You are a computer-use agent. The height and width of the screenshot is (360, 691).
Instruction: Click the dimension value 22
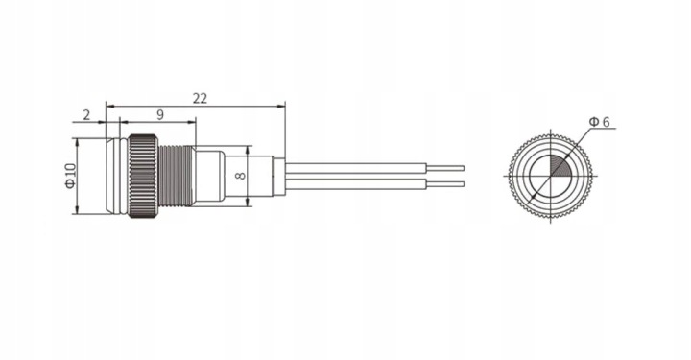click(x=200, y=98)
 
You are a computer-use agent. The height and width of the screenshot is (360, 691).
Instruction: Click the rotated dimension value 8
click(x=238, y=176)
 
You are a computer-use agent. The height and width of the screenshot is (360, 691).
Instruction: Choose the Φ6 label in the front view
click(x=600, y=121)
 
